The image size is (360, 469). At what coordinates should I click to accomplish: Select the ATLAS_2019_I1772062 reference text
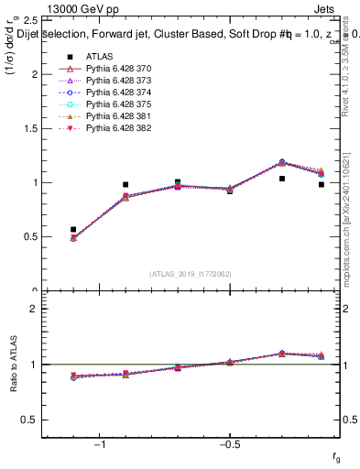[x=191, y=273]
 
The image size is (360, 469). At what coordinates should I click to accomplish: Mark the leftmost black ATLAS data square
[x=73, y=230]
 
